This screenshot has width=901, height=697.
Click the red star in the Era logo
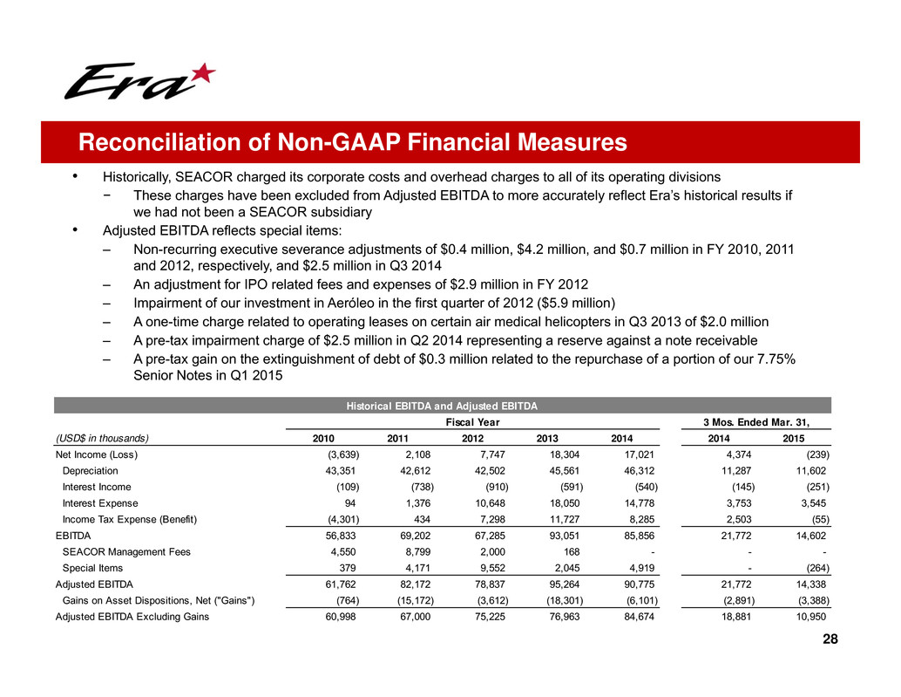[x=201, y=73]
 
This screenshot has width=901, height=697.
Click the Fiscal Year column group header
[x=471, y=422]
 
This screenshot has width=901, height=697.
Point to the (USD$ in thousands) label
[x=102, y=438]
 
